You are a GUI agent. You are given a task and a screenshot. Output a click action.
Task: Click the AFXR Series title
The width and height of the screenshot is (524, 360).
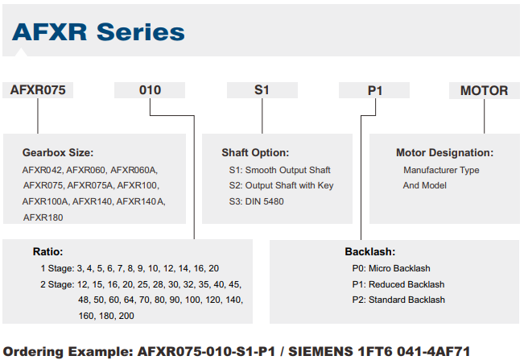coord(98,32)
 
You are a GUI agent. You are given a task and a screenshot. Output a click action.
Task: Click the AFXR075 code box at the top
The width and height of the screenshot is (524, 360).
coord(38,90)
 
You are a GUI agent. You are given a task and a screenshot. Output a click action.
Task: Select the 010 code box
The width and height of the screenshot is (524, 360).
coord(150,90)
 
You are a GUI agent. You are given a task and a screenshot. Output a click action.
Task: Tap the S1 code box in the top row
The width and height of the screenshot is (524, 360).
coord(262,90)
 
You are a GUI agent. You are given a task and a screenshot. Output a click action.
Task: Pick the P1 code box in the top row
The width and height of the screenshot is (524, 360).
coord(374,90)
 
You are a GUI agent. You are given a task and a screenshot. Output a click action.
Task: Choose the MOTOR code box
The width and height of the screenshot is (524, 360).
coord(485,90)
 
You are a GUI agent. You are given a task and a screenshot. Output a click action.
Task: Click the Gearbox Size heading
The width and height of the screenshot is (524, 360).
coord(58,153)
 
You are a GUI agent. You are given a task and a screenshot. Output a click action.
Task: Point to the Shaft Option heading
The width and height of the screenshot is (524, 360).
coord(255,153)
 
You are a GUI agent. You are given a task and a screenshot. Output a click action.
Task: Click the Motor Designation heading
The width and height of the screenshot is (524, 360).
coord(445,153)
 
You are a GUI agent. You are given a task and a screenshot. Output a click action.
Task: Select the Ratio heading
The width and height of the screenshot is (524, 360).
coord(47,251)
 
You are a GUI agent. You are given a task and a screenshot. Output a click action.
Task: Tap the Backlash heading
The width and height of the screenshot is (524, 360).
coord(370,251)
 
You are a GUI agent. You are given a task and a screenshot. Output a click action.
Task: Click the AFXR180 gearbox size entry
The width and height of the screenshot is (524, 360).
coord(43,217)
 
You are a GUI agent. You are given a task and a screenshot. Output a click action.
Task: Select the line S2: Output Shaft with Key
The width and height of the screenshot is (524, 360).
coord(281,185)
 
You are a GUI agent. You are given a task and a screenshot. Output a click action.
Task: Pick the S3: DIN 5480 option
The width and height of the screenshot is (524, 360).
coord(256,201)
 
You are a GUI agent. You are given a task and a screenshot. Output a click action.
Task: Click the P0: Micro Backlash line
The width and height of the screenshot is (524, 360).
coord(391,268)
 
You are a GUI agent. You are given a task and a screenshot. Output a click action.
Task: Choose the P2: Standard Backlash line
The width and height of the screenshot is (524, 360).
coord(398,300)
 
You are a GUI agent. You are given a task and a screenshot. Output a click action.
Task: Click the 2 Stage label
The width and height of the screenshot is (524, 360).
coord(57,284)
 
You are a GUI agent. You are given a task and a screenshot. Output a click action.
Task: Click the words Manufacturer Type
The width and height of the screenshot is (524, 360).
coord(441,170)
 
